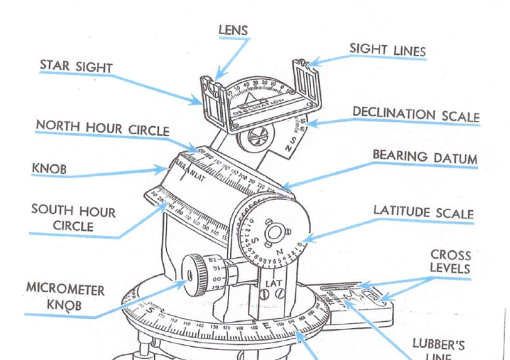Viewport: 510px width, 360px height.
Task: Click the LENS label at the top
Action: click(x=232, y=30)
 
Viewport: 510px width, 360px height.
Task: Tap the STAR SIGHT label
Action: click(x=76, y=65)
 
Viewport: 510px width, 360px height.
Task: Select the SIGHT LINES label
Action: click(x=387, y=49)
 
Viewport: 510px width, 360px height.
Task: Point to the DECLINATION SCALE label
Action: click(x=415, y=113)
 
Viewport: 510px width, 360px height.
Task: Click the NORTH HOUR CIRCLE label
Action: click(x=102, y=127)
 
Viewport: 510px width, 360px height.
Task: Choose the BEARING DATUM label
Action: click(x=425, y=156)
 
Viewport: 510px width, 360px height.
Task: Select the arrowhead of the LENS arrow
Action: click(x=217, y=78)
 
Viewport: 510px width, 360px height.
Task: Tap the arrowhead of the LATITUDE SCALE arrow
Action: click(x=306, y=240)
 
